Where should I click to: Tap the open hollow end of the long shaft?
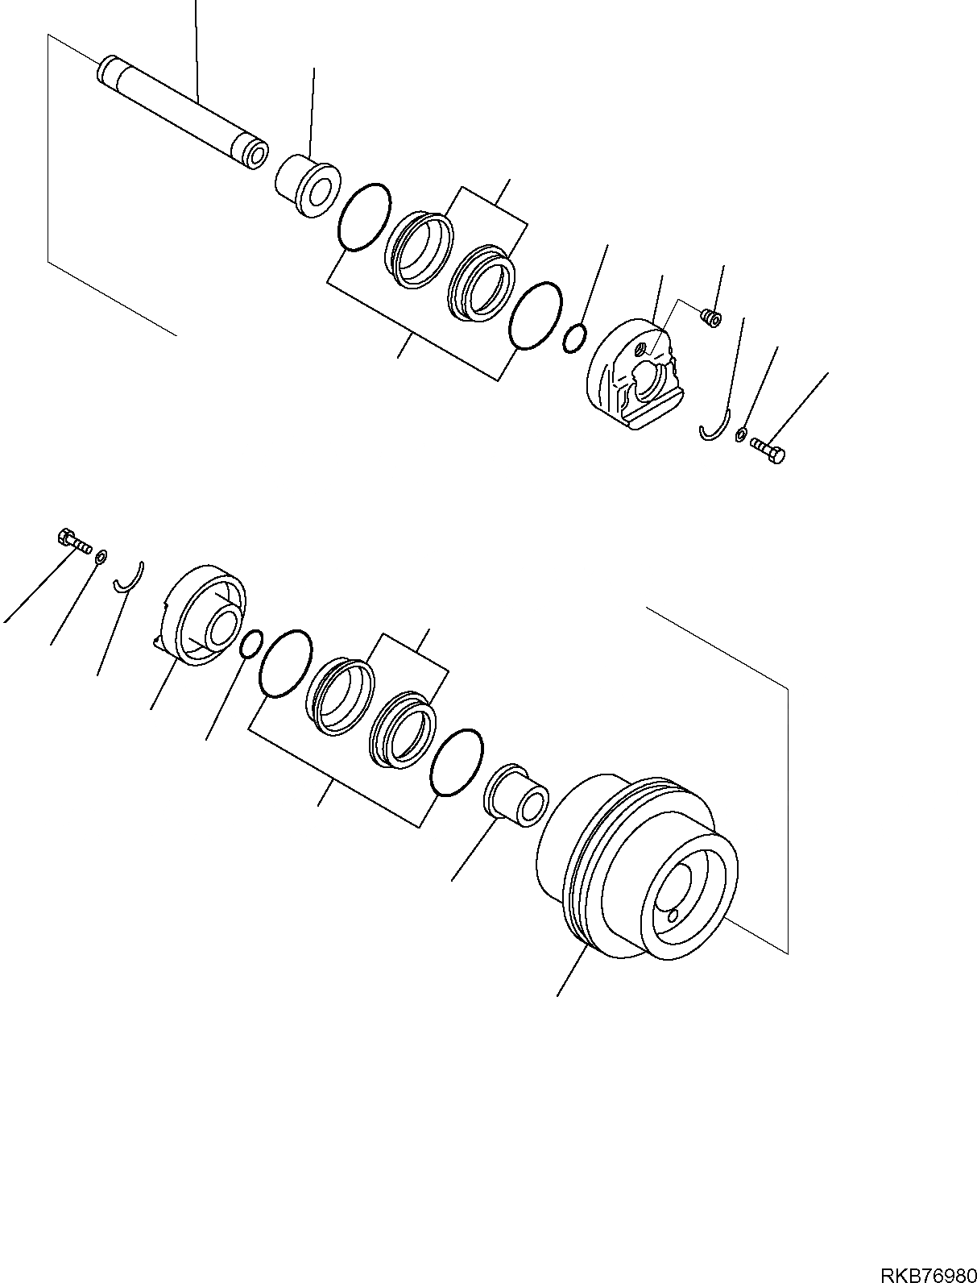256,157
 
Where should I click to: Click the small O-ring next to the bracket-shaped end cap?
574,338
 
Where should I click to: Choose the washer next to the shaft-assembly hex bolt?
740,435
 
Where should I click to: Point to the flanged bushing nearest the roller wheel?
516,791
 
